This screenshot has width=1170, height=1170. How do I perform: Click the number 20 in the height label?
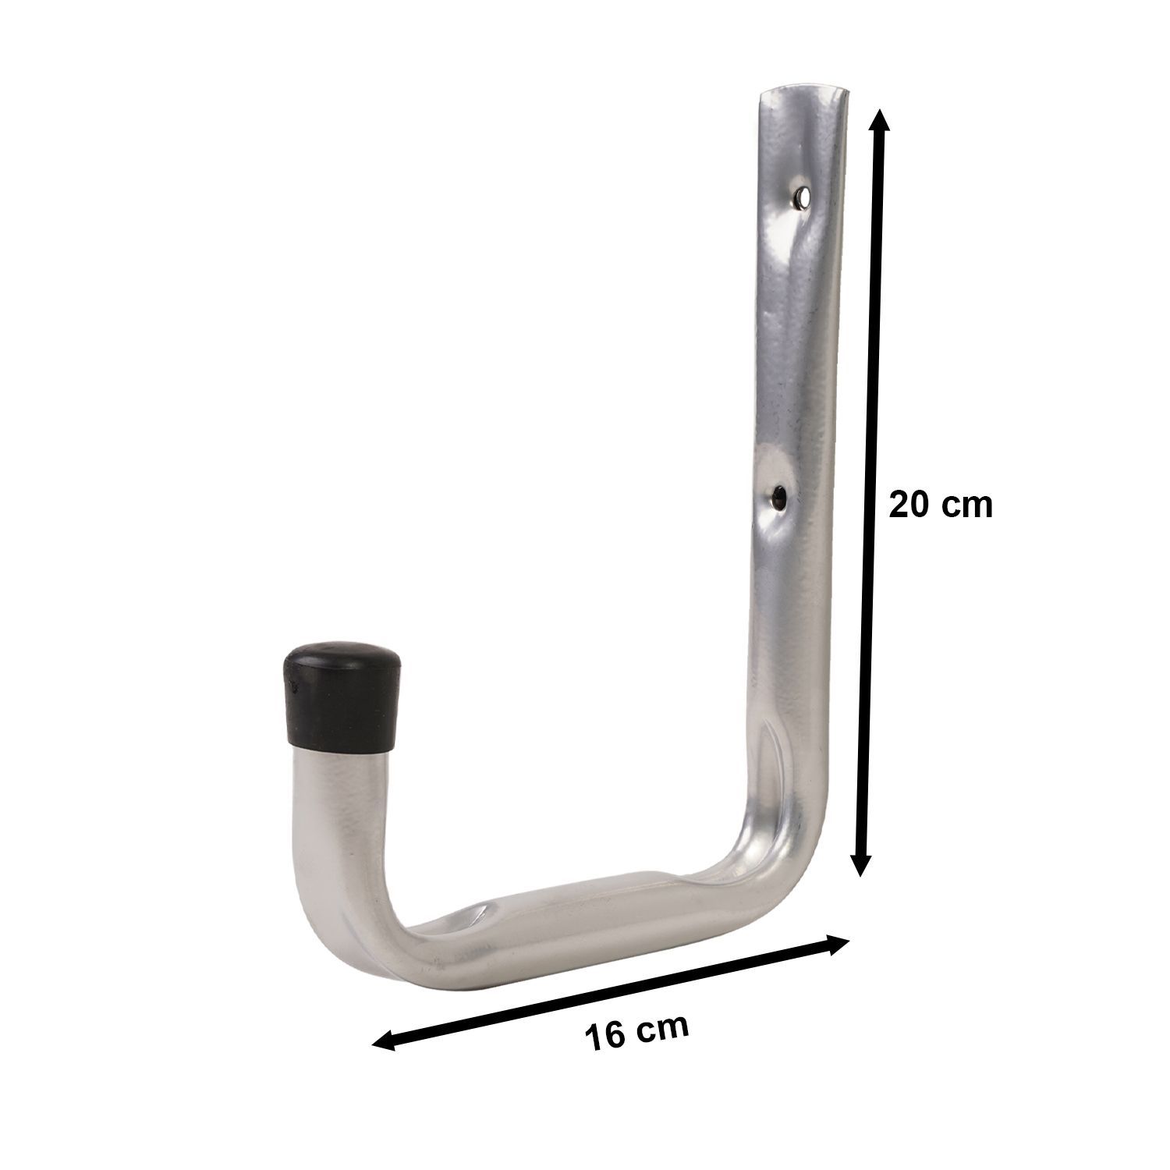909,505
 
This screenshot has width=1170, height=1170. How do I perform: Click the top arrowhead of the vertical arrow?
879,123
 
